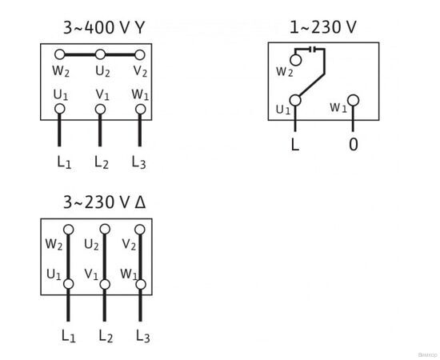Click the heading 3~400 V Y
coord(104,27)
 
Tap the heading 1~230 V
coord(322,27)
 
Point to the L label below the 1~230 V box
coord(296,146)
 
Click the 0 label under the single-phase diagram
coord(353,146)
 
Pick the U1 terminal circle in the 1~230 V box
coord(296,100)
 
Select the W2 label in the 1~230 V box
coord(284,71)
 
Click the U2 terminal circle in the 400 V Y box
coord(100,55)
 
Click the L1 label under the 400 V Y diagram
coord(64,162)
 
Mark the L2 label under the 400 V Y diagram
coord(102,162)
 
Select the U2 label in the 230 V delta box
coord(91,244)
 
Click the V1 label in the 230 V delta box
coord(91,274)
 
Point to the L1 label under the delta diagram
coord(67,336)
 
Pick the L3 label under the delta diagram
coord(142,336)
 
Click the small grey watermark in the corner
coord(428,352)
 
